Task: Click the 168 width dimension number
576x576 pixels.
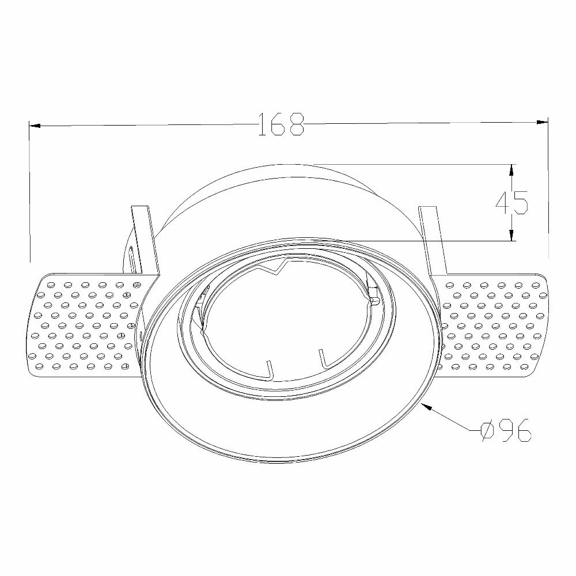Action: tap(282, 124)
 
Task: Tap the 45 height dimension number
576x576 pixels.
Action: tap(511, 202)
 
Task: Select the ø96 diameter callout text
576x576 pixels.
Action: tap(506, 430)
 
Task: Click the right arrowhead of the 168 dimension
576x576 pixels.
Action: tap(542, 122)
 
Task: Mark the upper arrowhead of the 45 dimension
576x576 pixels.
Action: tap(511, 169)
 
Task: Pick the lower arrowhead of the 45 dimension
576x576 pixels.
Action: tap(511, 235)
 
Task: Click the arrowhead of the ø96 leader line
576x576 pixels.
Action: tap(427, 406)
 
